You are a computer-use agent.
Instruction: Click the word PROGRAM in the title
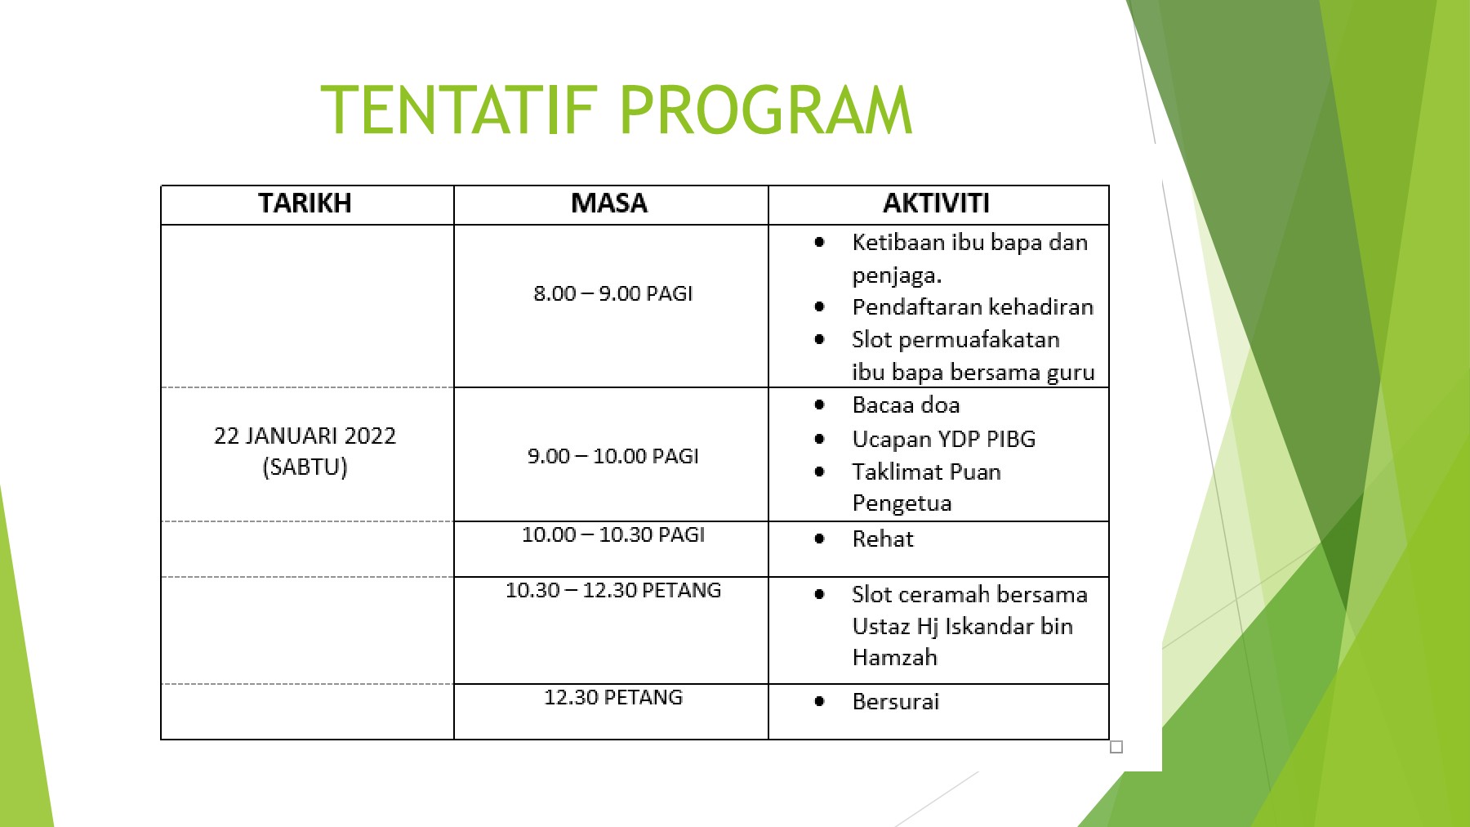tap(765, 110)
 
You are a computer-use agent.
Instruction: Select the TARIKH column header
tap(305, 203)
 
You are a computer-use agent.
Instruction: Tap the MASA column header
tap(609, 203)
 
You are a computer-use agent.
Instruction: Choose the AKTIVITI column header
tap(936, 203)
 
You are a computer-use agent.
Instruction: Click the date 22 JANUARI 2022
tap(305, 436)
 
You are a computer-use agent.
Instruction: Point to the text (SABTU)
tap(305, 467)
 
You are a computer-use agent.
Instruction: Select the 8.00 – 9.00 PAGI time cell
tap(612, 293)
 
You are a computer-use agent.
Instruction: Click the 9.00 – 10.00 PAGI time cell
tap(612, 456)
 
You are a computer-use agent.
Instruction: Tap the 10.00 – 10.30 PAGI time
tap(612, 535)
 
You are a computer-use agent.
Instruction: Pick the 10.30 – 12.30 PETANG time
tap(612, 591)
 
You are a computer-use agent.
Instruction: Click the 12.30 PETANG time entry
tap(612, 698)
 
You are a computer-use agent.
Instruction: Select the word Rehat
tap(882, 539)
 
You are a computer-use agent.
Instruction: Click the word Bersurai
tap(895, 702)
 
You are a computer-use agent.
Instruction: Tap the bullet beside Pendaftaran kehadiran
tap(819, 307)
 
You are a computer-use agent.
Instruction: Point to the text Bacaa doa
tap(906, 405)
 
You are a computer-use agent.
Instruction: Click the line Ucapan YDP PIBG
tap(943, 440)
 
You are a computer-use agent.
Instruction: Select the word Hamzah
tap(894, 658)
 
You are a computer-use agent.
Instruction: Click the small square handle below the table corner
tap(1116, 747)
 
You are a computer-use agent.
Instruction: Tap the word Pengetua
tap(902, 503)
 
